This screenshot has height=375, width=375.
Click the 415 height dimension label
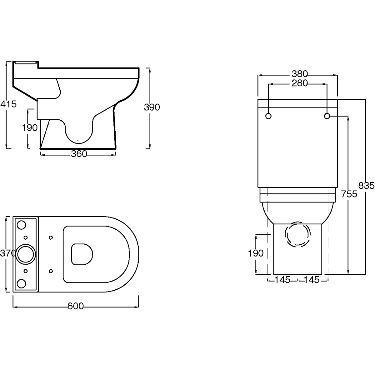(x=8, y=104)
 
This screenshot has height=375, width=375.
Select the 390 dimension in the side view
(x=152, y=107)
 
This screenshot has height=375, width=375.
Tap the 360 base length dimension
(x=79, y=154)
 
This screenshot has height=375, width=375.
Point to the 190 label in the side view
(x=30, y=128)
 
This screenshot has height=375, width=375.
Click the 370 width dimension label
(x=8, y=253)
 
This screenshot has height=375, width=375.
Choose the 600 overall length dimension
(x=76, y=306)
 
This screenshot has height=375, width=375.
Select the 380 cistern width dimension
(x=300, y=74)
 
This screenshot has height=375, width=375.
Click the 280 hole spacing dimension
(x=300, y=83)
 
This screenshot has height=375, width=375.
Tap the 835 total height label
(x=367, y=186)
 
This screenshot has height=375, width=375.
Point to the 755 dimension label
(x=349, y=194)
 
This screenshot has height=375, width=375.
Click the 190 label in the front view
(x=256, y=253)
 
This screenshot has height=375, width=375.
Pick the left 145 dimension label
(x=282, y=280)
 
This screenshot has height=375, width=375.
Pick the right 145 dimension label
(x=312, y=280)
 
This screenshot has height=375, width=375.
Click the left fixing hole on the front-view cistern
(x=268, y=116)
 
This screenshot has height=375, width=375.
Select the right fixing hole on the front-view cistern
(x=327, y=116)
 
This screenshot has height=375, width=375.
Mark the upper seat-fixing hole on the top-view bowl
(x=51, y=237)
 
